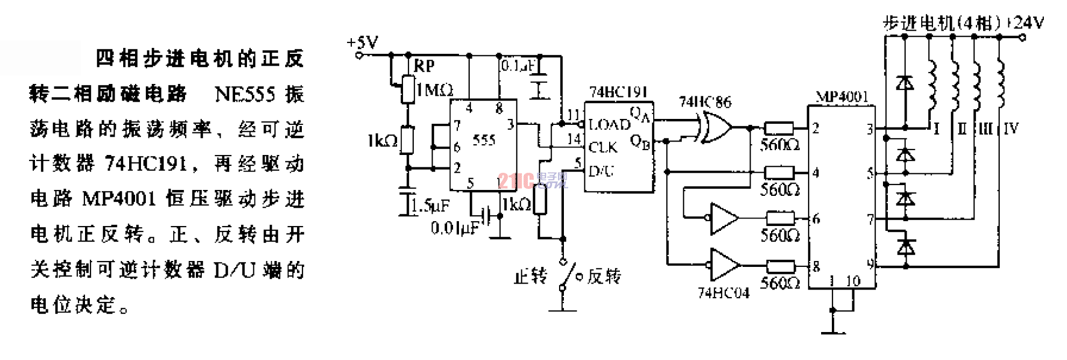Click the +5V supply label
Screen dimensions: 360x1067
(x=363, y=43)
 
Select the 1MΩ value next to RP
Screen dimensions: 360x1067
(x=435, y=90)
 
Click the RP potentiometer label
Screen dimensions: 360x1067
(x=424, y=66)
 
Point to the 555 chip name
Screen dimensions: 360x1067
(x=483, y=140)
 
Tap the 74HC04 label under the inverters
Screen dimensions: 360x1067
(x=723, y=293)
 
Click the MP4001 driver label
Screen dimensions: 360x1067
(x=842, y=97)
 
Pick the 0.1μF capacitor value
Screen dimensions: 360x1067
(x=518, y=66)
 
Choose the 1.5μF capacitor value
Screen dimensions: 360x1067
(x=430, y=205)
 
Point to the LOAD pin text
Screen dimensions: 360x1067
(x=609, y=125)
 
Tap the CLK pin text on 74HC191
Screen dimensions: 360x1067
(x=603, y=147)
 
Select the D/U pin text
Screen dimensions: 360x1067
(x=601, y=172)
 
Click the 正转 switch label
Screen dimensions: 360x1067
(x=531, y=277)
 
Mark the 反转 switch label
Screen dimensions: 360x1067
(x=604, y=277)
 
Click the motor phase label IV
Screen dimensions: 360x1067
(x=1011, y=129)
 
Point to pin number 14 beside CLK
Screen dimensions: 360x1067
(x=574, y=139)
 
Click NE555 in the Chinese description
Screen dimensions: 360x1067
(x=245, y=95)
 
